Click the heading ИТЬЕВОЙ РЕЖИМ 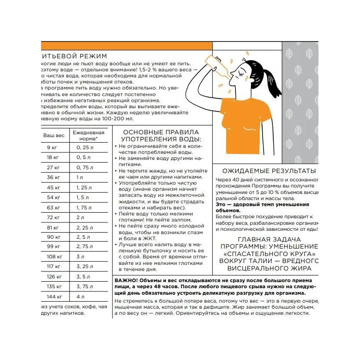tap(74, 56)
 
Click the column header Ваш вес tap(54, 135)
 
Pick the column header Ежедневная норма tap(88, 136)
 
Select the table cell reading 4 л tap(80, 297)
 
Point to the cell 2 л tap(80, 217)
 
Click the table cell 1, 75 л tap(84, 208)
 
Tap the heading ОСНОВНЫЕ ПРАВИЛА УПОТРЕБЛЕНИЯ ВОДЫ tap(160, 136)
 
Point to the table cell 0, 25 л tap(84, 148)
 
